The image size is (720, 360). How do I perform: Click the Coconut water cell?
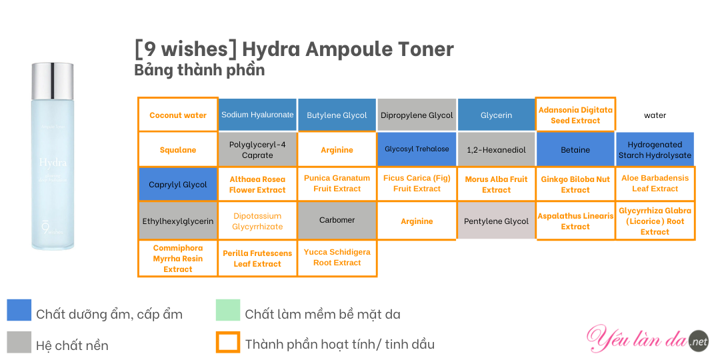[178, 115]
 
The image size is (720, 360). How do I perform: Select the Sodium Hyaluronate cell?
[257, 115]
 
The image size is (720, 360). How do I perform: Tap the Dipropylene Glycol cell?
[417, 115]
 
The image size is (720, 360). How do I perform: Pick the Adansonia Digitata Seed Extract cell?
[575, 115]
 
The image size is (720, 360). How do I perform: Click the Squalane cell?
[178, 150]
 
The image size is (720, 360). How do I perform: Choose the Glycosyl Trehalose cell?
[417, 149]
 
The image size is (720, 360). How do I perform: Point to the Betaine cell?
[575, 150]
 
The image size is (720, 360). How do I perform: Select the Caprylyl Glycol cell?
[178, 184]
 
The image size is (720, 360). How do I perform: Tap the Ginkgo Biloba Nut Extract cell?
[575, 184]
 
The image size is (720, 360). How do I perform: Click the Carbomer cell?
[337, 221]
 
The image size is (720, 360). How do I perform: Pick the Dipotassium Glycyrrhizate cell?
[257, 221]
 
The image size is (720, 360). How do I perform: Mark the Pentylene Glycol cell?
[497, 221]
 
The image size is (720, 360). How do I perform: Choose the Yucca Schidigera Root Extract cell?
[337, 258]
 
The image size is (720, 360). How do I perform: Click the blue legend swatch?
[19, 310]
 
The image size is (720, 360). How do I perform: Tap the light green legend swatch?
[228, 310]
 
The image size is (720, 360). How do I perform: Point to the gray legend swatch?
[19, 343]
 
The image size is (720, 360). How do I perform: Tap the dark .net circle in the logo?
[699, 340]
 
